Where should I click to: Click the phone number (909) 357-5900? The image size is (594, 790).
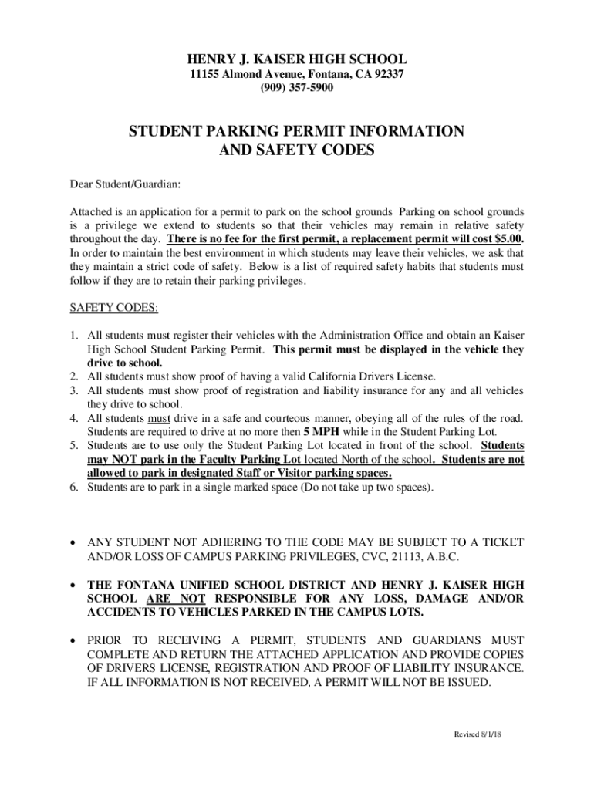[x=297, y=88]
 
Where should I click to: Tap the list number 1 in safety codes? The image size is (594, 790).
[x=73, y=336]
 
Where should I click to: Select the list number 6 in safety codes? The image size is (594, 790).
[x=73, y=487]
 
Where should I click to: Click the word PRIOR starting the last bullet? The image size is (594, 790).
[x=109, y=640]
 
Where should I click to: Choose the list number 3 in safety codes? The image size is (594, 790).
[x=73, y=390]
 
